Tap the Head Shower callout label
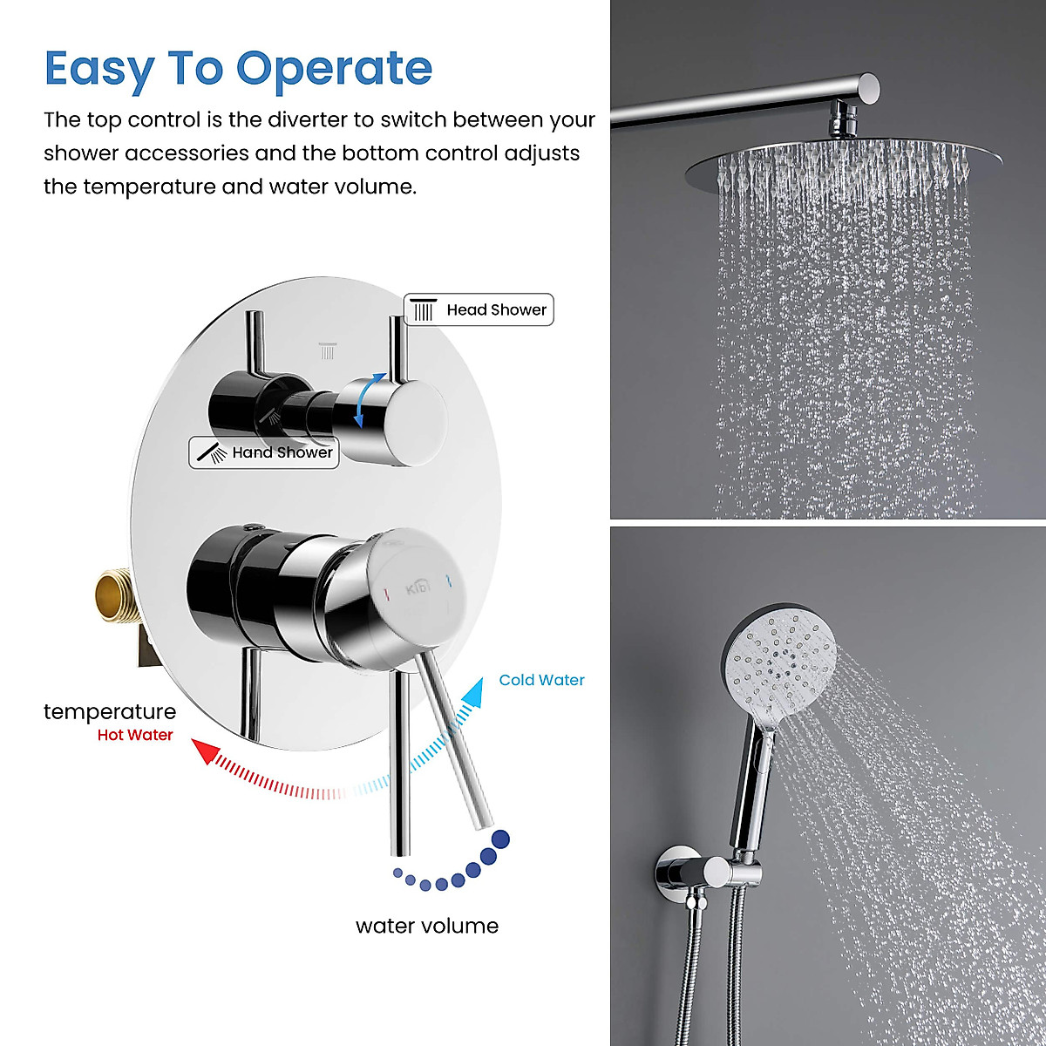[479, 309]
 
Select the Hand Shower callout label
[264, 452]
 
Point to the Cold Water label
[541, 680]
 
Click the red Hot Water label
[135, 735]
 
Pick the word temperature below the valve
[110, 711]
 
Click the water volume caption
[427, 926]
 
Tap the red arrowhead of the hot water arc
[205, 751]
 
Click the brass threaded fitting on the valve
[118, 596]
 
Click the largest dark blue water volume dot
[500, 839]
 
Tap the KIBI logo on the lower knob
[418, 588]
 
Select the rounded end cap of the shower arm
[869, 85]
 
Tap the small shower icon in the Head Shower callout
[424, 309]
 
